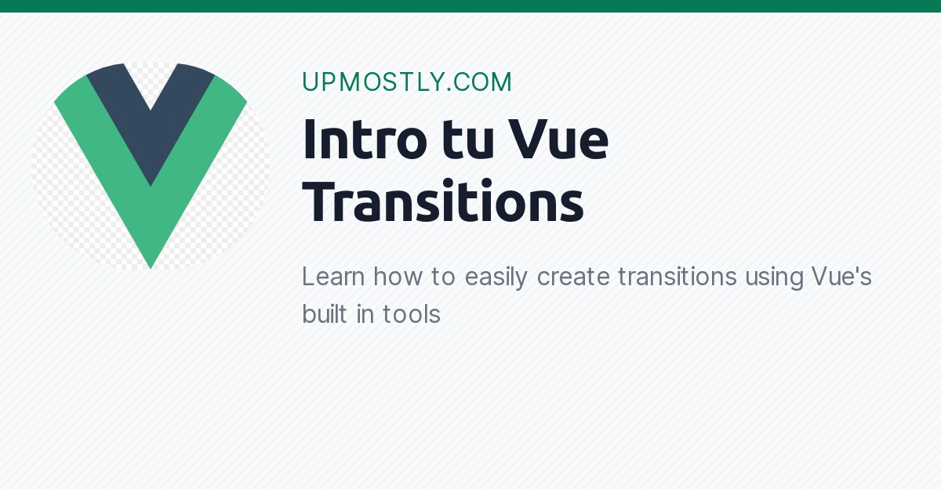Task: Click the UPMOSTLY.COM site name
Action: click(x=407, y=82)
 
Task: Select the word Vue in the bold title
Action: click(x=559, y=141)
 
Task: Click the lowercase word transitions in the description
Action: click(x=677, y=277)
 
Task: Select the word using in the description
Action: click(x=774, y=278)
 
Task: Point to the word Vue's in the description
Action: click(x=841, y=277)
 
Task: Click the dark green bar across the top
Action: click(x=470, y=6)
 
